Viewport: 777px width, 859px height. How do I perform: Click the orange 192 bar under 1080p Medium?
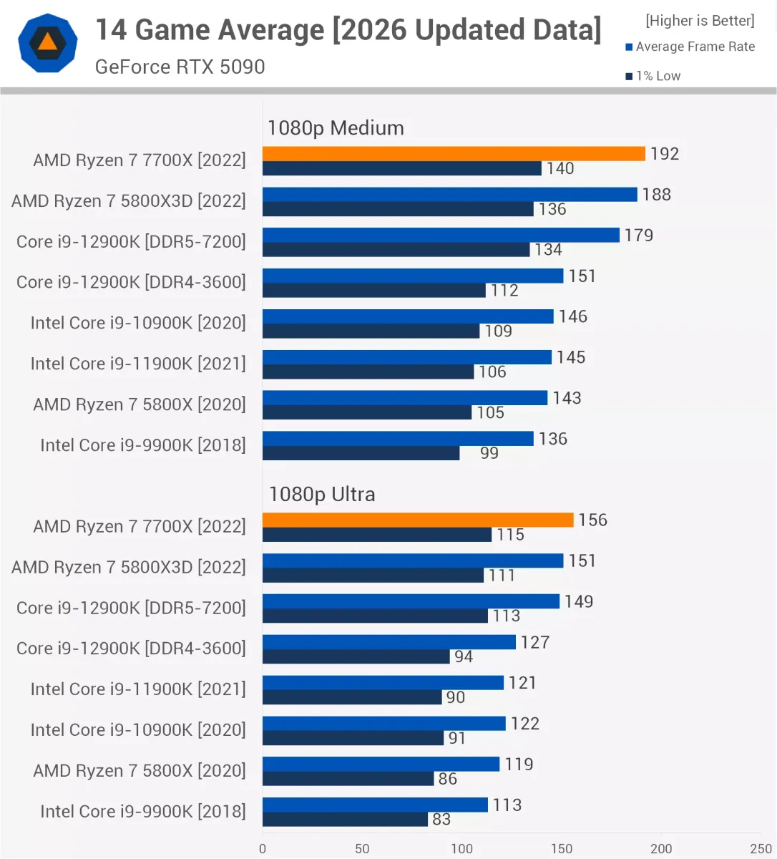(454, 154)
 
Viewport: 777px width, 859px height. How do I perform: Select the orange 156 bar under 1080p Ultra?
(418, 520)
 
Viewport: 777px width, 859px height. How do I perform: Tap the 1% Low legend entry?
(653, 76)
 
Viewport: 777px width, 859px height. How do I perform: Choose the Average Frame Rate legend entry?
(690, 47)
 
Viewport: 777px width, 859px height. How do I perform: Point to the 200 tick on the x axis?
(661, 848)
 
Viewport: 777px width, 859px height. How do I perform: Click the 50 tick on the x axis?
(362, 848)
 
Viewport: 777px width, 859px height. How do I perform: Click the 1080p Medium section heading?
(336, 128)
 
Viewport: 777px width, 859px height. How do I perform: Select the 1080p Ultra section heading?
(322, 494)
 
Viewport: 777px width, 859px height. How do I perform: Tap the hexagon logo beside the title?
(47, 43)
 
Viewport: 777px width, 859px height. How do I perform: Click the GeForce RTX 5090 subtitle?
(180, 67)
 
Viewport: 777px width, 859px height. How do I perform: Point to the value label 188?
(656, 195)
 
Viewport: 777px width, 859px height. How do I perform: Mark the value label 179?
(639, 235)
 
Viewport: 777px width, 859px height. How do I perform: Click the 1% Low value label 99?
(489, 452)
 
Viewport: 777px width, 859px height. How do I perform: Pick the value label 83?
(441, 819)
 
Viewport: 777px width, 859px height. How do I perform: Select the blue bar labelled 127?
(389, 642)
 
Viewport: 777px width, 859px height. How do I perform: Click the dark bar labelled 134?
(396, 250)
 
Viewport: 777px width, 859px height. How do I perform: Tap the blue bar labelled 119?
(381, 764)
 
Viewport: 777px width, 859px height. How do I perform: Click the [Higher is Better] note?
(700, 21)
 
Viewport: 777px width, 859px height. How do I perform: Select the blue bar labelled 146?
(408, 316)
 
